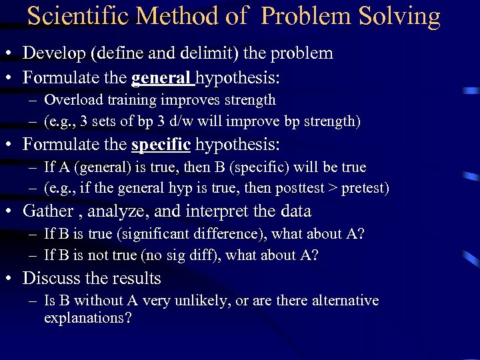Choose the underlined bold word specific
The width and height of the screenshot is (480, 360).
(161, 144)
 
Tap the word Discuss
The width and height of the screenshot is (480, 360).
(53, 278)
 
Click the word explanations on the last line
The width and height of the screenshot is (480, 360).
(87, 318)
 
